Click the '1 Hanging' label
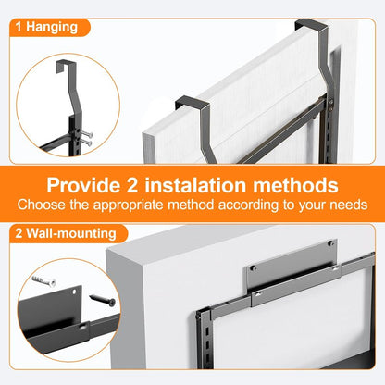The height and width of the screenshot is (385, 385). click(x=46, y=27)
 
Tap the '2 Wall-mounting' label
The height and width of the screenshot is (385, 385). click(x=66, y=233)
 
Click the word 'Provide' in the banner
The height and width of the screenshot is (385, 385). click(x=83, y=185)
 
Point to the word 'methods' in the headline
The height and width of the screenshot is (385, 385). click(x=295, y=185)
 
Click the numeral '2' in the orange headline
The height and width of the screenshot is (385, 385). click(x=132, y=185)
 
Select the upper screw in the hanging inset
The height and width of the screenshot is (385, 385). click(x=87, y=134)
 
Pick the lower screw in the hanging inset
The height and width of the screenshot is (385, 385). click(x=86, y=143)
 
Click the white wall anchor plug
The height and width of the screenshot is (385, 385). click(x=43, y=280)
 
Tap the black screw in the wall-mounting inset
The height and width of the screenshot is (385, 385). click(x=103, y=300)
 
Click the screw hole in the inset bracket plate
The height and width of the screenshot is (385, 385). click(x=74, y=291)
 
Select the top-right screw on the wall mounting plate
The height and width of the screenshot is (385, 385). click(x=331, y=243)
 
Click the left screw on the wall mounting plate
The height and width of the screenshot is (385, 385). click(x=253, y=267)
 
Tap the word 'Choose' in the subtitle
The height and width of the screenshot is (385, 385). click(x=42, y=205)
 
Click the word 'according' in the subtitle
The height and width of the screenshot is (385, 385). click(x=248, y=205)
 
